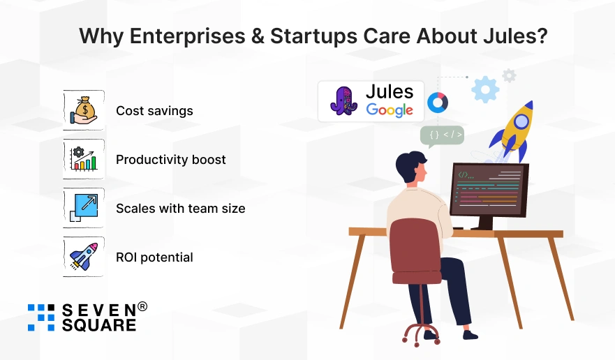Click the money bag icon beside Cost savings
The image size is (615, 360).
(83, 110)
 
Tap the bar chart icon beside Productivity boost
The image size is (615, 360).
(84, 159)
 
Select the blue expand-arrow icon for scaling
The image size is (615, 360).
(84, 208)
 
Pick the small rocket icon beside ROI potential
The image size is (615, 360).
(84, 257)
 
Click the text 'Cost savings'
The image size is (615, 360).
(154, 111)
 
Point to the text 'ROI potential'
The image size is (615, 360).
(154, 257)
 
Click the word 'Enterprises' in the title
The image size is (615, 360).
(188, 36)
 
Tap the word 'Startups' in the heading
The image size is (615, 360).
(313, 36)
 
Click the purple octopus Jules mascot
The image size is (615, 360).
(343, 100)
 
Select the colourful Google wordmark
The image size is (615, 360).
(390, 110)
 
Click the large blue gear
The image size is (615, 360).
(485, 89)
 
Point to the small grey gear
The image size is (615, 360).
(509, 75)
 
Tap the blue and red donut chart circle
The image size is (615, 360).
(438, 103)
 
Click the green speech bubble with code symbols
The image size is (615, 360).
(442, 136)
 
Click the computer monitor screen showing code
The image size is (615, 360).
(489, 189)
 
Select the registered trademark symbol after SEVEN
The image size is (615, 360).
(142, 306)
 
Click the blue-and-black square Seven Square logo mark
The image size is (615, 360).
(41, 317)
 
